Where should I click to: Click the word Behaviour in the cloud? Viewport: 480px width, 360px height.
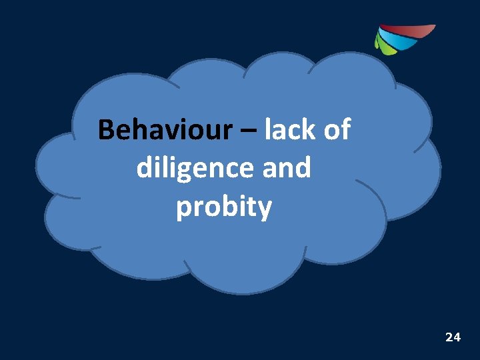[163, 130]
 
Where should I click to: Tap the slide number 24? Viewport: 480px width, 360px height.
[453, 337]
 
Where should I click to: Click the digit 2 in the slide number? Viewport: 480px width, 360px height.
[449, 337]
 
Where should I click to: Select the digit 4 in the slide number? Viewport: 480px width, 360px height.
[457, 337]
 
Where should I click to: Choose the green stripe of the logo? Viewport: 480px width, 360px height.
[383, 45]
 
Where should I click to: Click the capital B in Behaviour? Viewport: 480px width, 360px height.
[106, 130]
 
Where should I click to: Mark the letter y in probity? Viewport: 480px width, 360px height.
[265, 210]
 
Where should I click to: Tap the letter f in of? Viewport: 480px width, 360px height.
[345, 129]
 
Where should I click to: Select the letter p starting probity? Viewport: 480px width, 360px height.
[184, 210]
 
